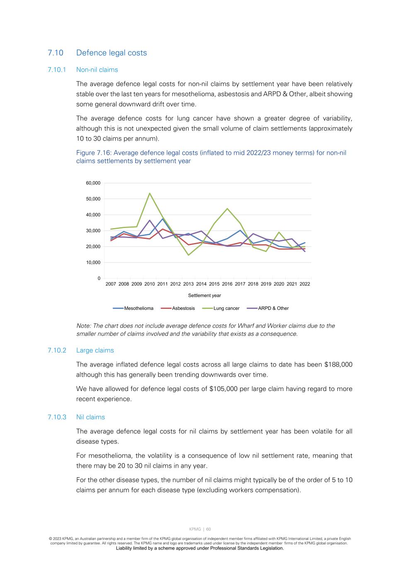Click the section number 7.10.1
pyautogui.click(x=57, y=70)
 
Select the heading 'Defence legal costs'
pyautogui.click(x=112, y=53)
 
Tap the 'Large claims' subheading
pyautogui.click(x=95, y=350)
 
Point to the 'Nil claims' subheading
pyautogui.click(x=90, y=417)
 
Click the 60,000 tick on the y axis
pyautogui.click(x=93, y=183)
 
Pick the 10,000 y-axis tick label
pyautogui.click(x=93, y=262)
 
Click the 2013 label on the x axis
pyautogui.click(x=188, y=284)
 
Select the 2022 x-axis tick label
pyautogui.click(x=305, y=284)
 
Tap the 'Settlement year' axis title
pyautogui.click(x=204, y=296)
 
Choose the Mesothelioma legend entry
pyautogui.click(x=138, y=309)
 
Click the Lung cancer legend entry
pyautogui.click(x=226, y=309)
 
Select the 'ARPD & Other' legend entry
pyautogui.click(x=273, y=309)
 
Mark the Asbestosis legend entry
pyautogui.click(x=183, y=309)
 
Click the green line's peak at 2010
pyautogui.click(x=150, y=193)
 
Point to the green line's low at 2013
pyautogui.click(x=188, y=255)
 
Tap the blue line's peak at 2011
pyautogui.click(x=162, y=219)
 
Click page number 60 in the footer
pyautogui.click(x=208, y=529)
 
